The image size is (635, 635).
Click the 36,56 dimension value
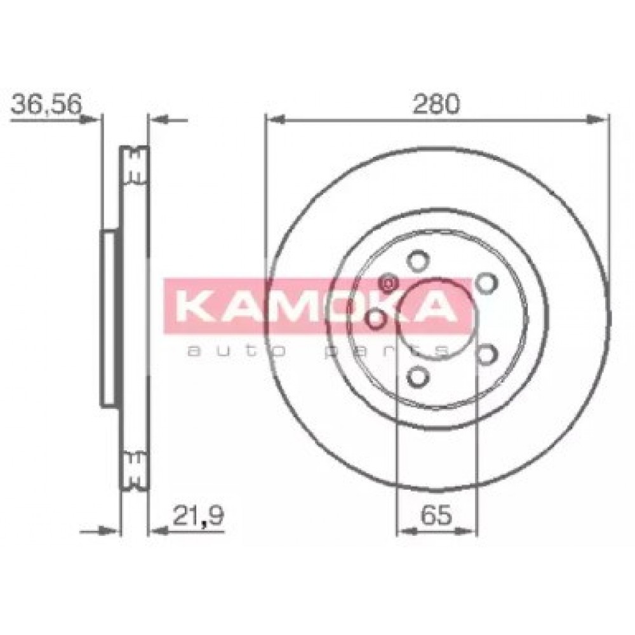(46, 104)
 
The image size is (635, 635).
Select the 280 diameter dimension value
(436, 104)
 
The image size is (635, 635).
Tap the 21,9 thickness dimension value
(198, 516)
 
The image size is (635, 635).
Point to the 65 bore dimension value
(436, 515)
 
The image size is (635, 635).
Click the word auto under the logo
(236, 351)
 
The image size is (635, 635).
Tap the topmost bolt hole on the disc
(417, 261)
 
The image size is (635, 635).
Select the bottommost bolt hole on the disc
(417, 377)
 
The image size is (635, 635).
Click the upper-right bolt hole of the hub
(486, 283)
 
